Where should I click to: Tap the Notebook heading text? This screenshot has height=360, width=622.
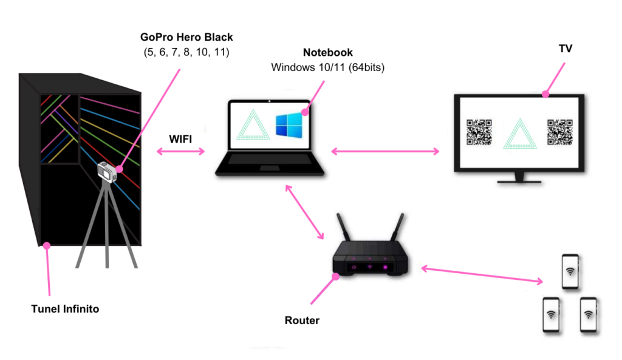click(329, 53)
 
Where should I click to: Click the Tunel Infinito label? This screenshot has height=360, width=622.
click(65, 309)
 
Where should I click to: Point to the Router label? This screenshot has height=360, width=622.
click(302, 320)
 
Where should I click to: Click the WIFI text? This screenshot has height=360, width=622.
click(180, 139)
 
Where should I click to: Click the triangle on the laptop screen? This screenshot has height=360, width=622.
click(251, 125)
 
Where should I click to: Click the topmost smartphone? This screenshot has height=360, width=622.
click(570, 271)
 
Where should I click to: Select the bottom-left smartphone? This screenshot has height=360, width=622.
click(551, 314)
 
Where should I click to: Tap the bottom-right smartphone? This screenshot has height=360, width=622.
click(589, 314)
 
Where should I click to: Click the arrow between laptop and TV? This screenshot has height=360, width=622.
click(385, 151)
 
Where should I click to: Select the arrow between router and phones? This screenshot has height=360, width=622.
click(483, 274)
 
